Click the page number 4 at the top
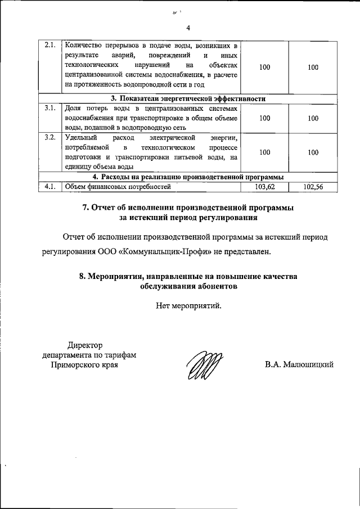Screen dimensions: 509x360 188,28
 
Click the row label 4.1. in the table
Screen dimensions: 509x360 49,187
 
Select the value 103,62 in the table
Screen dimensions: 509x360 264,187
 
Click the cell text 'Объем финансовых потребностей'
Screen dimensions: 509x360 117,187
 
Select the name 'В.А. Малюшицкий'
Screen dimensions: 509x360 299,364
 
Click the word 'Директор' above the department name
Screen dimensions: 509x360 85,345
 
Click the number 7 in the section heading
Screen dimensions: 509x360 85,208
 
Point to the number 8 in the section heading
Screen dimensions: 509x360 82,276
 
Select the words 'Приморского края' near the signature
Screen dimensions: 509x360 85,364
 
